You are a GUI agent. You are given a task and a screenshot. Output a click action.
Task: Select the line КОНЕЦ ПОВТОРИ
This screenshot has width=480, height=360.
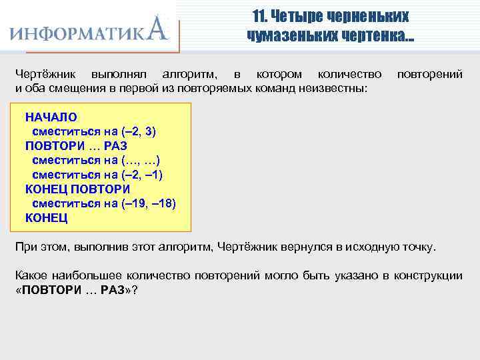coord(77,189)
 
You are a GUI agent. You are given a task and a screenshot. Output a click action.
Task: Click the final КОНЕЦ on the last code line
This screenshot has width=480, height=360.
coord(46,217)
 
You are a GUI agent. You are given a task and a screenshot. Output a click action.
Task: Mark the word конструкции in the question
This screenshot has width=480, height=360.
coord(429,276)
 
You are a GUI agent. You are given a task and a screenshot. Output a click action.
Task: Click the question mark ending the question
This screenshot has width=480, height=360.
coord(135,291)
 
